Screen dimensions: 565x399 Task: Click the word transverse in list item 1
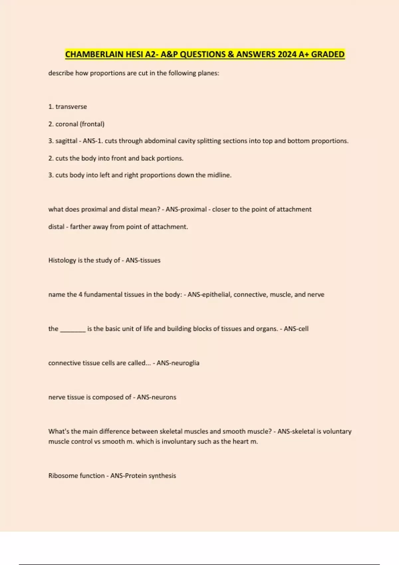tap(71, 107)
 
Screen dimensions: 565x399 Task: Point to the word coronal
tap(66, 124)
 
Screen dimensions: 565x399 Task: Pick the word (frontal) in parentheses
tap(92, 124)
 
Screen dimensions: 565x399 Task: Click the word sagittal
tap(66, 141)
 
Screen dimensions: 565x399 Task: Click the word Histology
tap(62, 260)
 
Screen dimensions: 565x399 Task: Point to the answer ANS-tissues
tap(143, 260)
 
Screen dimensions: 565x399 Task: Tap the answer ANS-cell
tap(296, 329)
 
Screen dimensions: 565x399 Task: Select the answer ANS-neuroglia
tap(178, 363)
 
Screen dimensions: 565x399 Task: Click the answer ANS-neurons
tap(156, 397)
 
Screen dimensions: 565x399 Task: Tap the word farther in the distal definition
tap(80, 227)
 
